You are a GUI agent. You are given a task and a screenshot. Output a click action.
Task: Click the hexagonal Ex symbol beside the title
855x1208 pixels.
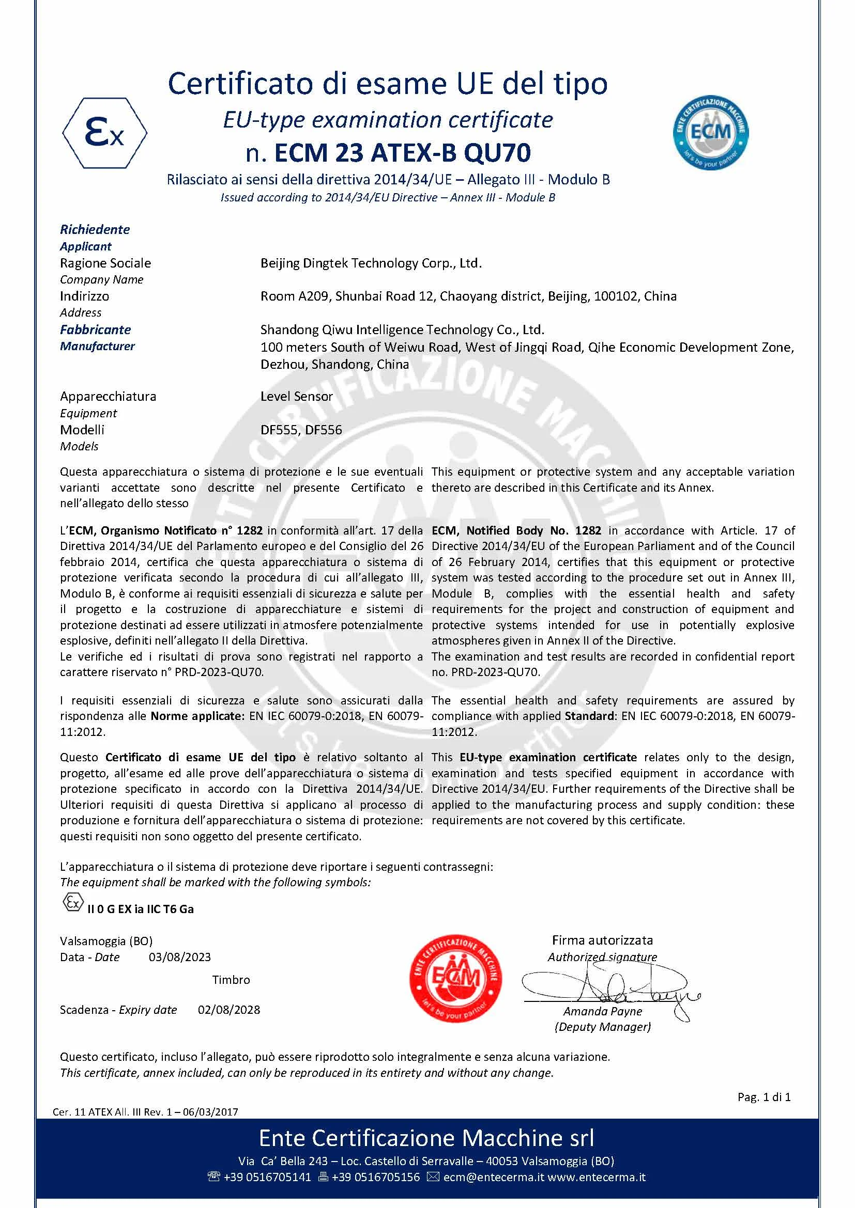point(105,133)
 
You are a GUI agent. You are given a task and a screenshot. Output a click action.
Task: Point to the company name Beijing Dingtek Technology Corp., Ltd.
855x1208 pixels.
point(371,263)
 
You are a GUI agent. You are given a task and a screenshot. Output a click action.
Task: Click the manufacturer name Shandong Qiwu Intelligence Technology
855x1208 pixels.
point(402,330)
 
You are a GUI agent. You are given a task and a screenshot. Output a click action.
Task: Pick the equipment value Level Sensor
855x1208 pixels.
point(296,396)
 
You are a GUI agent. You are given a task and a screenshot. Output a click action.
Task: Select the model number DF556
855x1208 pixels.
point(323,430)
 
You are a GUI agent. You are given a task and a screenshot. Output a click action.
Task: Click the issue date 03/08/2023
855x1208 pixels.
point(179,957)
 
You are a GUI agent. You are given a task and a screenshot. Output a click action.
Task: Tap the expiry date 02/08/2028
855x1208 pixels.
point(228,1010)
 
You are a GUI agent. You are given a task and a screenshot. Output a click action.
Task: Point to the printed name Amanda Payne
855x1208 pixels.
point(602,1011)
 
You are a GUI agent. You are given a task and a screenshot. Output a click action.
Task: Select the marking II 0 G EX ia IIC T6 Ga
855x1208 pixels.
point(140,909)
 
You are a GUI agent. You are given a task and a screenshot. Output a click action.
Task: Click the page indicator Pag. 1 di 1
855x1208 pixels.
point(764,1097)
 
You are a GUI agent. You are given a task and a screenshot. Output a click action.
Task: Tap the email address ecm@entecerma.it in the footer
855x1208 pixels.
point(493,1177)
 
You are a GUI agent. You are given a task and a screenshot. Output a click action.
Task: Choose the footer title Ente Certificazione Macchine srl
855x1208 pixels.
point(426,1138)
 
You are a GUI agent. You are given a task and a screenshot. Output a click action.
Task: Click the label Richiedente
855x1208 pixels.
point(95,229)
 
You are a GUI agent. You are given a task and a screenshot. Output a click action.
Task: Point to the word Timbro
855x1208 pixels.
point(231,980)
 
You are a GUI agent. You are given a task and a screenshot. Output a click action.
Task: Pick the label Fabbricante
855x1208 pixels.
point(95,330)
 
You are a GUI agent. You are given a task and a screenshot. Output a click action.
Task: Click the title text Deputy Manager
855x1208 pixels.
point(602,1027)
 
